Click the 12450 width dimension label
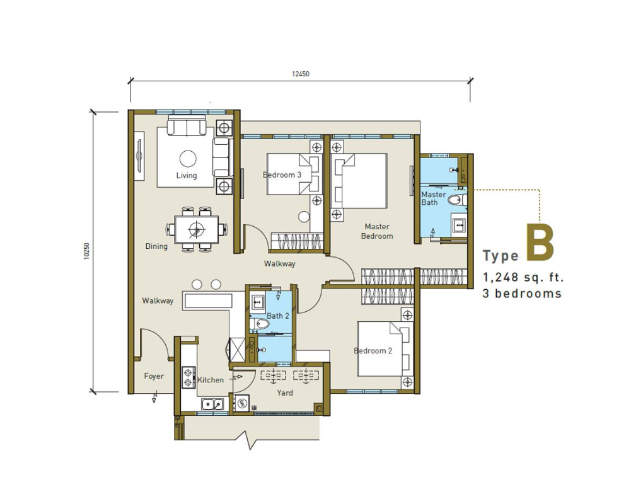(301, 74)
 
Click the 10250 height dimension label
(87, 251)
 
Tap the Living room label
(187, 175)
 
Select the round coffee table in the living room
(188, 159)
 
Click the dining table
(197, 230)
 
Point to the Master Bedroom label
(377, 231)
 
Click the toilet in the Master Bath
(456, 200)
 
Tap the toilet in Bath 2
(258, 323)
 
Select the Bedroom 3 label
(282, 175)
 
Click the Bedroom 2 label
(373, 351)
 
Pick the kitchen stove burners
(188, 377)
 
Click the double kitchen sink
(212, 404)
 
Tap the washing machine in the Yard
(242, 403)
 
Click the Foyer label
(154, 376)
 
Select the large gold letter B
(540, 243)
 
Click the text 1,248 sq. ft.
(523, 277)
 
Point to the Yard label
(285, 392)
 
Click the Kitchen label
(211, 380)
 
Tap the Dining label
(156, 246)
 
